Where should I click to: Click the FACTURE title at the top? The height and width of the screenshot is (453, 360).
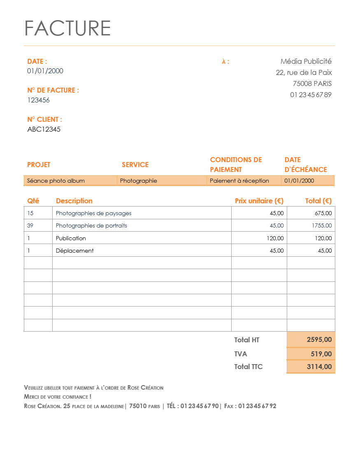point(67,28)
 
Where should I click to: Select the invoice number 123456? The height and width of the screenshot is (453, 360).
point(38,100)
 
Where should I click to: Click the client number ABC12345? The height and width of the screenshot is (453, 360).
point(44,129)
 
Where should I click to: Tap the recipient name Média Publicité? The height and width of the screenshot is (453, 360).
point(306,61)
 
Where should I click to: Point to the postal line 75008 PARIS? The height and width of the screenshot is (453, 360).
point(312,84)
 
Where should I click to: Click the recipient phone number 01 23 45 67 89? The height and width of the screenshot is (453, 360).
point(311,95)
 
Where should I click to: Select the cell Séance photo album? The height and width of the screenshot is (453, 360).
point(56,181)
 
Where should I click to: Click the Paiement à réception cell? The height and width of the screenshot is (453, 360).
point(239,181)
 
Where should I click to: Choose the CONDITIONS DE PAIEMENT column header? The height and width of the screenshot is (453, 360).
point(236,165)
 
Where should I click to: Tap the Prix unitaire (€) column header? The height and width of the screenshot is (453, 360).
point(259,201)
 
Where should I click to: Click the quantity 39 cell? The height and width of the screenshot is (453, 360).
point(30,225)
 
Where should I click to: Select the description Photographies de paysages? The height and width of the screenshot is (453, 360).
point(93,213)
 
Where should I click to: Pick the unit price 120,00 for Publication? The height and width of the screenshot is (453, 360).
point(275,238)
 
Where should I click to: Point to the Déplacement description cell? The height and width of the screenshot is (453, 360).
point(74,251)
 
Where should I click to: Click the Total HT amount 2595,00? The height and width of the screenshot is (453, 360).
point(319,340)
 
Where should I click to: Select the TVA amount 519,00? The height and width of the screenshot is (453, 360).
point(321,354)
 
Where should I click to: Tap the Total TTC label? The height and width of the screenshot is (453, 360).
point(248,367)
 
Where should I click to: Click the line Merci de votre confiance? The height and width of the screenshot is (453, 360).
point(58,397)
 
